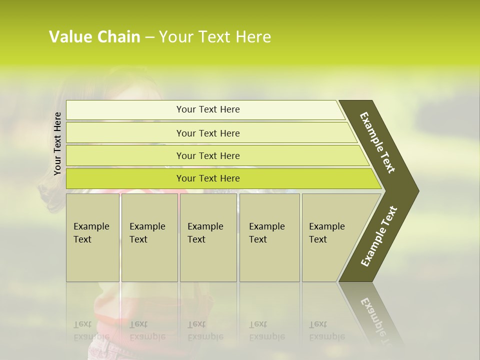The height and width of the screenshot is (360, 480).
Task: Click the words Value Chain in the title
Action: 94,37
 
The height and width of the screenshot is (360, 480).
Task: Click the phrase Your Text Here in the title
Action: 215,37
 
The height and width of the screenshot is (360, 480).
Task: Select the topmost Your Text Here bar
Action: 208,109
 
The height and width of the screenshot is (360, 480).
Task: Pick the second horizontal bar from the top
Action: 208,133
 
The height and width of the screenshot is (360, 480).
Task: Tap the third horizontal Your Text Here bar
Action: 208,155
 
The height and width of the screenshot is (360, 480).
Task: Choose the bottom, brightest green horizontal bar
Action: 208,178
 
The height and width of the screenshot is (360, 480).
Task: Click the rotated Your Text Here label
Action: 57,143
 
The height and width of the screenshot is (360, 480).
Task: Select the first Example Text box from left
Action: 92,237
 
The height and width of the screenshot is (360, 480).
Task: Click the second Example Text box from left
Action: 149,237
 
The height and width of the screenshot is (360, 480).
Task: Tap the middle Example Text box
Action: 208,237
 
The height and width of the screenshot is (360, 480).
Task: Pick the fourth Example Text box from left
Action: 269,237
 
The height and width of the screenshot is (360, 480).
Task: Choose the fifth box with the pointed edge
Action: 332,237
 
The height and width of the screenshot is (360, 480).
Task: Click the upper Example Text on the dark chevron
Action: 377,142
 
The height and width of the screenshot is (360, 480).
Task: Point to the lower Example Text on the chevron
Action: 379,236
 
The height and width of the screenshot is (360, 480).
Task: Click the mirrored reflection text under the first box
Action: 91,330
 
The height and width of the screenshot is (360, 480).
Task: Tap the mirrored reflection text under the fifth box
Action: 326,330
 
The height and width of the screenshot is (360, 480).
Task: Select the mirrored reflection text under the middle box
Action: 205,330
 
